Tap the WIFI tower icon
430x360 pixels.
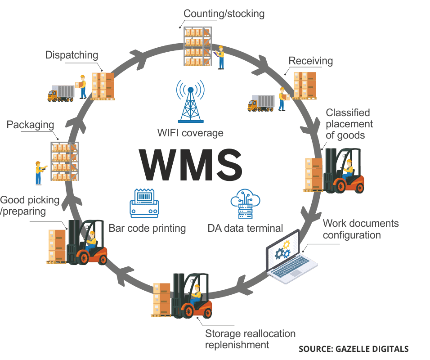pyautogui.click(x=190, y=102)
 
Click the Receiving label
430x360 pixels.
pyautogui.click(x=310, y=61)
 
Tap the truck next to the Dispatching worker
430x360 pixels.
pyautogui.click(x=61, y=93)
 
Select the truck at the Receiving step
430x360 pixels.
pyautogui.click(x=261, y=103)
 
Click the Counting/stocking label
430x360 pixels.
pyautogui.click(x=224, y=13)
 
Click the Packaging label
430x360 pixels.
pyautogui.click(x=30, y=125)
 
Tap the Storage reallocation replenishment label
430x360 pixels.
pyautogui.click(x=250, y=339)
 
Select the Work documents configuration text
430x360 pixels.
pyautogui.click(x=360, y=229)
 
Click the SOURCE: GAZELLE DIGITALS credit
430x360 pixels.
pyautogui.click(x=353, y=349)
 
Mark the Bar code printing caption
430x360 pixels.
pyautogui.click(x=148, y=228)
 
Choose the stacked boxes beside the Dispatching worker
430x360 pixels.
pyautogui.click(x=103, y=85)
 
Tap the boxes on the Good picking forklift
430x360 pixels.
pyautogui.click(x=57, y=246)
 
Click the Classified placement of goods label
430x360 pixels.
pyautogui.click(x=348, y=124)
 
